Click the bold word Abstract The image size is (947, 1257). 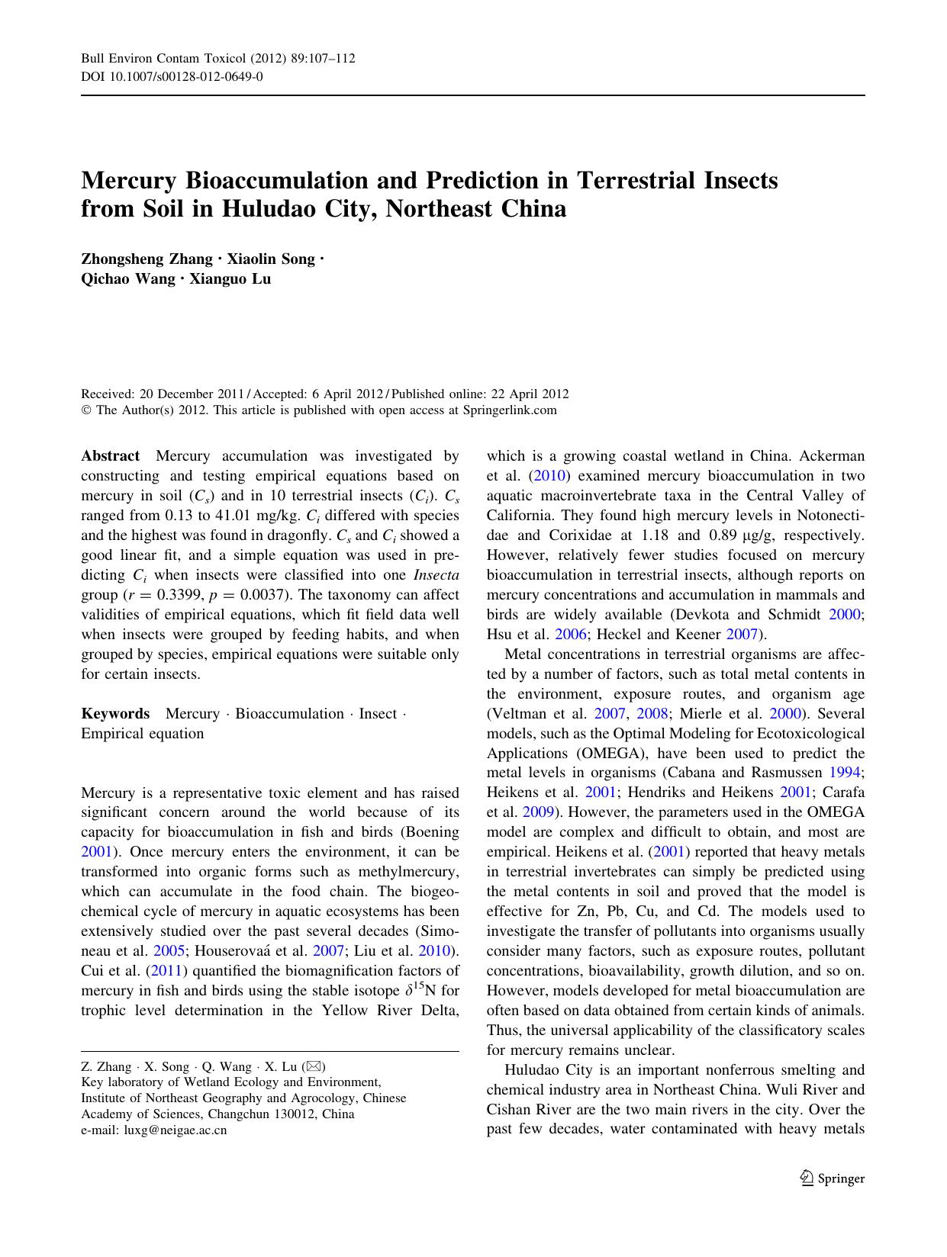111,456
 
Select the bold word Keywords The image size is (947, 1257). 115,714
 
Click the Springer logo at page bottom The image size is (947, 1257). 832,1178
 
